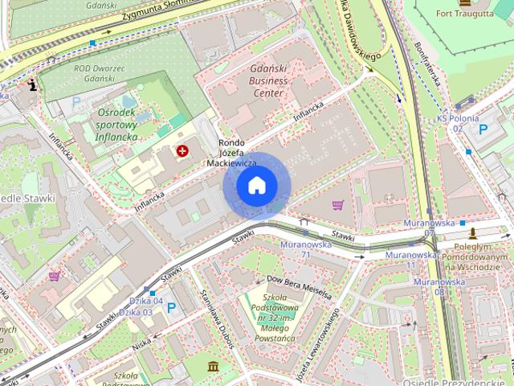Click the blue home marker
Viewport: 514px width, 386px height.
[257, 186]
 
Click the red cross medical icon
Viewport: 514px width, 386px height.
[183, 150]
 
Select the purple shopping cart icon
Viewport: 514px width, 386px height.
[337, 205]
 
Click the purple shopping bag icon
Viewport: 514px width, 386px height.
[55, 276]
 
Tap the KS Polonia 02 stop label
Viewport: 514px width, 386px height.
[458, 123]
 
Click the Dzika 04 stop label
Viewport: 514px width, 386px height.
[146, 301]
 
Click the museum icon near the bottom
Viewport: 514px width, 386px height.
[214, 368]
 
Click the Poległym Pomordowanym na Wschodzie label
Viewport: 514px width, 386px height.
[478, 257]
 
